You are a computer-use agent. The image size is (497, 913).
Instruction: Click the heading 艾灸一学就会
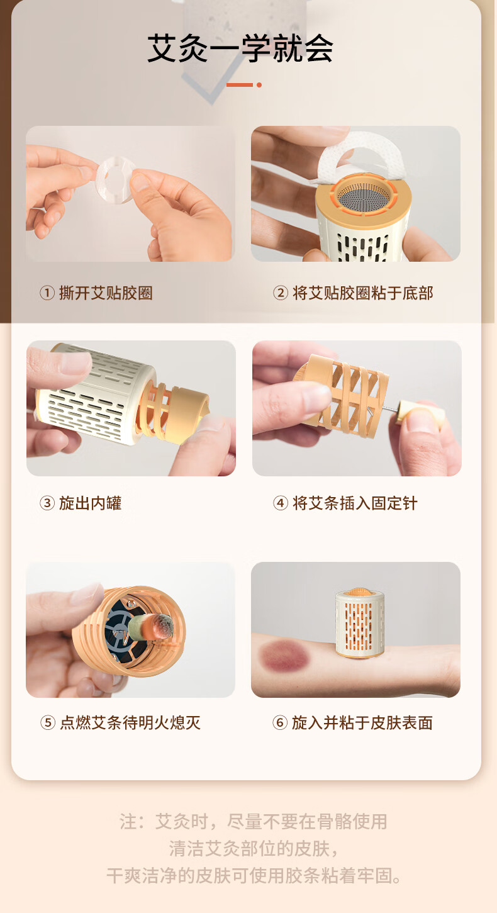point(240,48)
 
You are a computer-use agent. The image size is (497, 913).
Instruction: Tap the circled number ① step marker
point(47,293)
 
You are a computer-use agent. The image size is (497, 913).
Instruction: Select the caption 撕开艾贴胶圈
point(106,293)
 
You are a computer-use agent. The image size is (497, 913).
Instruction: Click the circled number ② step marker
point(281,293)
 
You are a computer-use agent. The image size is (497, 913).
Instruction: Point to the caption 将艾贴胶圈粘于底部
point(362,293)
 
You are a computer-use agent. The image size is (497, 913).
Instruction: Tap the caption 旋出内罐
point(91,503)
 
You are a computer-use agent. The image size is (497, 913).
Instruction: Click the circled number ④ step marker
point(281,503)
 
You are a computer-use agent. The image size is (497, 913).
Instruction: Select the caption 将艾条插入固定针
point(355,503)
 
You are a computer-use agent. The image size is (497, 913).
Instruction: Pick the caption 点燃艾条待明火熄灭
point(130,722)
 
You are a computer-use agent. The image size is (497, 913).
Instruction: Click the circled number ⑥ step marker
point(280,722)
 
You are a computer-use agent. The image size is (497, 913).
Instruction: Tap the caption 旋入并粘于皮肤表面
point(362,722)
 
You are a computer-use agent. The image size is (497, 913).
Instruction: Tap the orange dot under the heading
point(259,85)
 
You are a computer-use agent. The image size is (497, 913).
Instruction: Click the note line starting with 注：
point(253,821)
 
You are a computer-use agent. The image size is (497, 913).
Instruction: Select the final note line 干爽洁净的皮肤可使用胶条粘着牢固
point(254,875)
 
